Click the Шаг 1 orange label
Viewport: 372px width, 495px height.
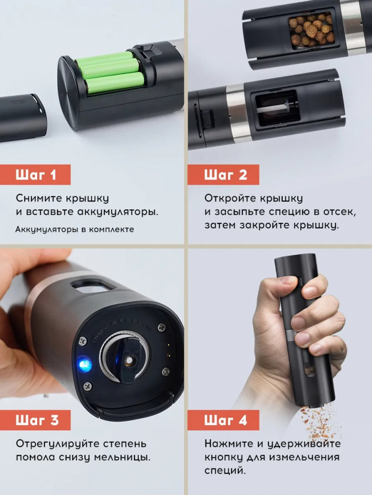[x=35, y=175]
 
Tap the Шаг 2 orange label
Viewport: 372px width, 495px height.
[x=223, y=175]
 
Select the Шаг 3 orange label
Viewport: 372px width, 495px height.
[x=35, y=420]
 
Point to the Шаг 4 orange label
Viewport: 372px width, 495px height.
[x=223, y=420]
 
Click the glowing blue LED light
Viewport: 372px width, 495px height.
[x=85, y=365]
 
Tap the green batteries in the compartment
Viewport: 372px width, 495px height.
[x=111, y=72]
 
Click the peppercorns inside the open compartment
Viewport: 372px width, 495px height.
[x=311, y=30]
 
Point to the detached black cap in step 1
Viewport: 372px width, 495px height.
[x=23, y=117]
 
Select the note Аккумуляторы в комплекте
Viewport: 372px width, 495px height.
[x=75, y=229]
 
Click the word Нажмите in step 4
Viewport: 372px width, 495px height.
[x=229, y=444]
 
